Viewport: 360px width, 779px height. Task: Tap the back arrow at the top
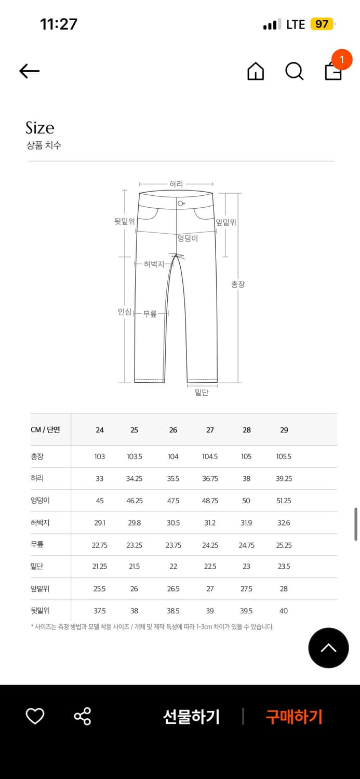(30, 71)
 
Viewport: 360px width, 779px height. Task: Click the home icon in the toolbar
(256, 71)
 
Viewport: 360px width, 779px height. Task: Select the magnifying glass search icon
(294, 71)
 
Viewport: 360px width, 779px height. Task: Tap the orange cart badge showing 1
(341, 60)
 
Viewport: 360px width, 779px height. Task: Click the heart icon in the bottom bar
(35, 717)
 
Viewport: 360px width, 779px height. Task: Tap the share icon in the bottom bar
(82, 717)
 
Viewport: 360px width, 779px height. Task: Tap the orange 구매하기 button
(294, 717)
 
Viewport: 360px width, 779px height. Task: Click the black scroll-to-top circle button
(328, 648)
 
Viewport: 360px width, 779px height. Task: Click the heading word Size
(40, 128)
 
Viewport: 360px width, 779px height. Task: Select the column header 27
(210, 430)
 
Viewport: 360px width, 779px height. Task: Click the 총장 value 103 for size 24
(100, 456)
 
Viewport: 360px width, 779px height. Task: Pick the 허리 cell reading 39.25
(284, 479)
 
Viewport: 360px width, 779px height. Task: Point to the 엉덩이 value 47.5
(173, 501)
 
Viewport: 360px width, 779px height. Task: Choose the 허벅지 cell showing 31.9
(246, 523)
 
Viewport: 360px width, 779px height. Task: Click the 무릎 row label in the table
(37, 545)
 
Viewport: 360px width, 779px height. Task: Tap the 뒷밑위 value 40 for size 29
(284, 611)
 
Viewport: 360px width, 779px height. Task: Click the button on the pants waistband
(180, 203)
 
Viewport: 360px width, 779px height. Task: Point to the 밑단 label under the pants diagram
(202, 393)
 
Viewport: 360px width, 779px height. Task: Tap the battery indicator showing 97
(322, 24)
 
